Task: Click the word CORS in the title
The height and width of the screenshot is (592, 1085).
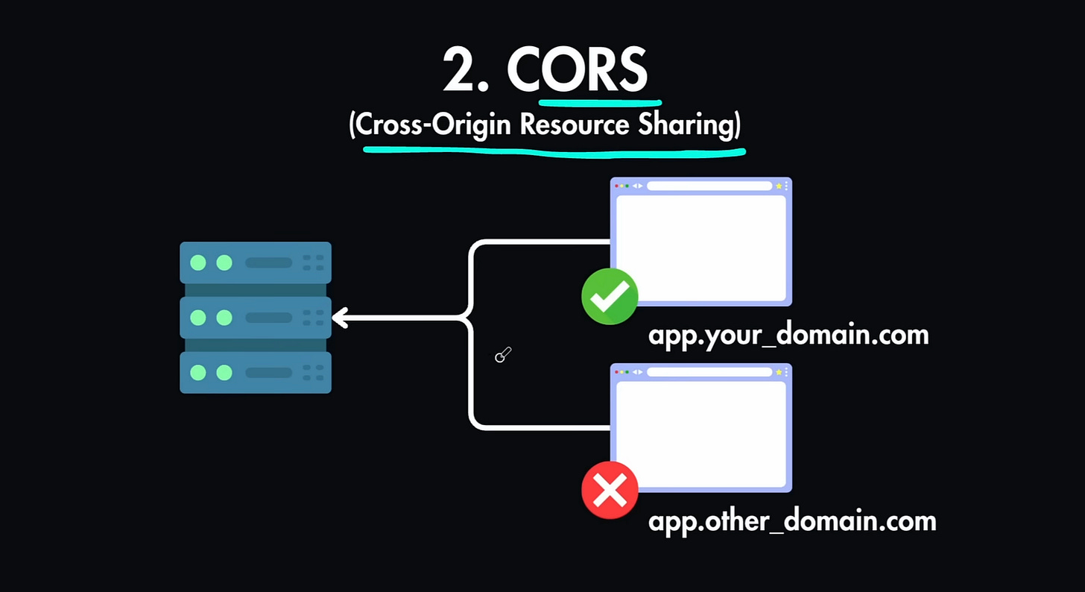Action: (x=578, y=69)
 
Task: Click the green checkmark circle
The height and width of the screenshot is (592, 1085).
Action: (x=610, y=296)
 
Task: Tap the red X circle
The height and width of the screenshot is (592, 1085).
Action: (x=610, y=490)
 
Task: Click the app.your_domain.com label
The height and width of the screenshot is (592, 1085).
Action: (x=788, y=334)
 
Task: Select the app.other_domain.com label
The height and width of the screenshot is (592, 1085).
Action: (x=791, y=520)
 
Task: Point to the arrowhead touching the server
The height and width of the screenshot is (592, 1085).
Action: (x=340, y=318)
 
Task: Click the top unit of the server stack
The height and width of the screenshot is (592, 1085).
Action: (x=256, y=262)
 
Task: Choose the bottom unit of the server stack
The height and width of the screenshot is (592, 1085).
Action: (x=256, y=373)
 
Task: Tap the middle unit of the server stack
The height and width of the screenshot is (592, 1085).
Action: (x=256, y=318)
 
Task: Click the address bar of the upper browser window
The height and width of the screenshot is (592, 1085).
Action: (x=709, y=186)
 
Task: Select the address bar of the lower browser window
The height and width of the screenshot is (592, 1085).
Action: (x=709, y=372)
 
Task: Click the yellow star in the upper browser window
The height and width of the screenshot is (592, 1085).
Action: (x=779, y=186)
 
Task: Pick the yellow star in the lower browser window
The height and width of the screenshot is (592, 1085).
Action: (x=779, y=372)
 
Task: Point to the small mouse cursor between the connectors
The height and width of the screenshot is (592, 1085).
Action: (x=502, y=356)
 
